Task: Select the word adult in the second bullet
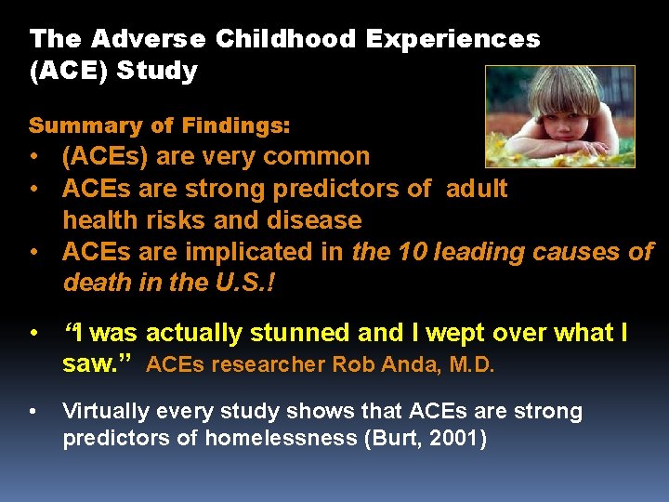(477, 188)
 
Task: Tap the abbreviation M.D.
(467, 365)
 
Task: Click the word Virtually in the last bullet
(108, 412)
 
